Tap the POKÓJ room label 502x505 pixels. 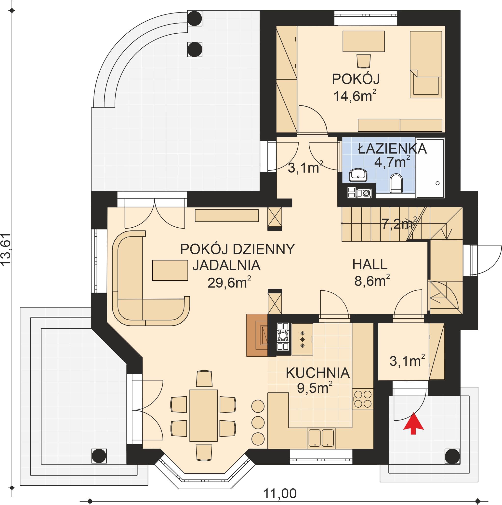pyautogui.click(x=356, y=79)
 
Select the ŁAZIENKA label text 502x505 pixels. pyautogui.click(x=392, y=149)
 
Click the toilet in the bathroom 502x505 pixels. pyautogui.click(x=396, y=183)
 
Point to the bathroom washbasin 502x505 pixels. pyautogui.click(x=358, y=175)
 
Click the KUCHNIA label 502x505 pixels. pyautogui.click(x=318, y=373)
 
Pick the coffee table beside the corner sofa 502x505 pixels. pyautogui.click(x=170, y=270)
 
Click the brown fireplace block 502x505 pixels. pyautogui.click(x=257, y=335)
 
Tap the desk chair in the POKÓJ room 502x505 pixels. pyautogui.click(x=364, y=61)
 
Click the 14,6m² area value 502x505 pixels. pyautogui.click(x=355, y=96)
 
